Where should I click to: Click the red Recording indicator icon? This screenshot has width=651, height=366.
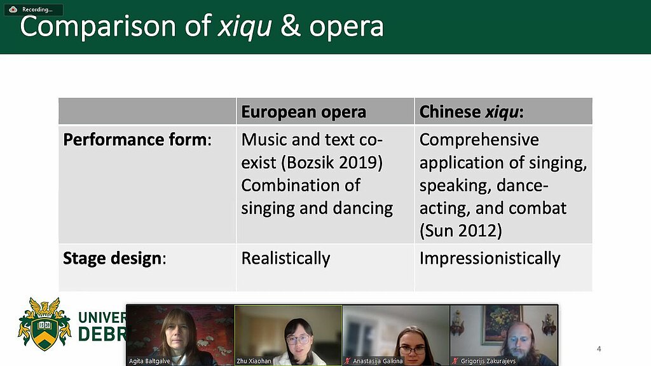coord(13,9)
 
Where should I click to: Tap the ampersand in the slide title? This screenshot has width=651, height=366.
coord(290,26)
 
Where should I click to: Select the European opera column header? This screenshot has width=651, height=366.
coord(303,112)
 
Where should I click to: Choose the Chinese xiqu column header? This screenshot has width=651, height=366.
coord(471,112)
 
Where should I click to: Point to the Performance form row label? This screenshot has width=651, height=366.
coord(137,140)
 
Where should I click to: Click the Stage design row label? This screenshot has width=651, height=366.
coord(114,259)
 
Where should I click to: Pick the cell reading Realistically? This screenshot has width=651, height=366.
coord(285,259)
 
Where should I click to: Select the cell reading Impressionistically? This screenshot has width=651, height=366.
coord(490,259)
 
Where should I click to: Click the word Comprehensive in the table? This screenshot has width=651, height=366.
coord(479,140)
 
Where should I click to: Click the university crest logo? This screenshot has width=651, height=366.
coord(45,323)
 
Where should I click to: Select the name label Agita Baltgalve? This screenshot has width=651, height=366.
coord(149,361)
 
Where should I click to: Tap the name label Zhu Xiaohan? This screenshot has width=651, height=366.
coord(254,361)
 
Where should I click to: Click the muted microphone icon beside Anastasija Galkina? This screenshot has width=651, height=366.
coord(348,361)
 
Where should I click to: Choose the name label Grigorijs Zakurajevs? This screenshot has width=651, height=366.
coord(488,361)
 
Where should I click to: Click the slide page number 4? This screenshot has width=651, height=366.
coord(599,349)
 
